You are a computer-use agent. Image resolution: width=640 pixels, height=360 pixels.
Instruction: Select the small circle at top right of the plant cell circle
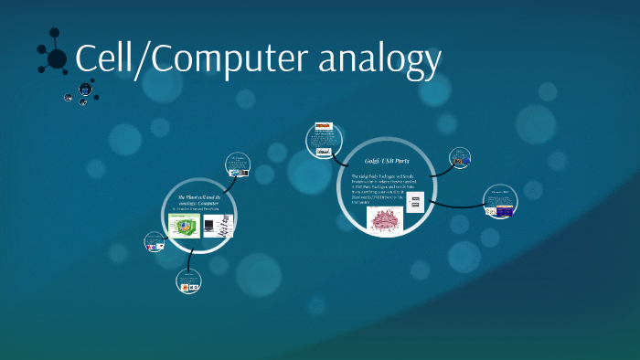pyautogui.click(x=239, y=164)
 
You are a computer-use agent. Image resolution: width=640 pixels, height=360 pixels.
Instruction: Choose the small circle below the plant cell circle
pyautogui.click(x=188, y=282)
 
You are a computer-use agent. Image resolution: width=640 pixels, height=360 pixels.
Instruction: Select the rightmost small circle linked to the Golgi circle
pyautogui.click(x=500, y=202)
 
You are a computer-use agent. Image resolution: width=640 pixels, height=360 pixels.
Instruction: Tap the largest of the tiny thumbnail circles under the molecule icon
pyautogui.click(x=85, y=89)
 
